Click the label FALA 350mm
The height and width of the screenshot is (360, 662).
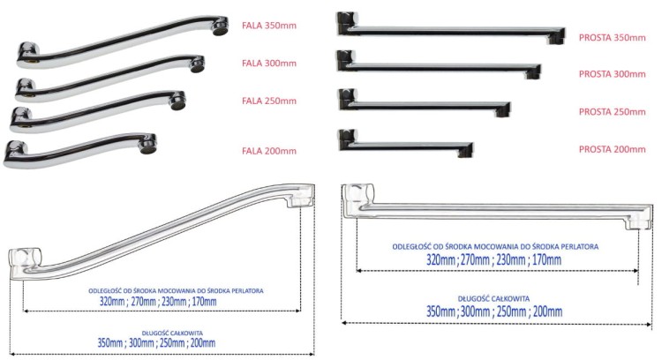(269, 26)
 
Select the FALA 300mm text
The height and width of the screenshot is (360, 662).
(269, 64)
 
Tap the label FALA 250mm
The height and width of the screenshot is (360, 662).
(269, 101)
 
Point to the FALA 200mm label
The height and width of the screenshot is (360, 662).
(269, 151)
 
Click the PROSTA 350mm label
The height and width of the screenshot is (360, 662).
(613, 38)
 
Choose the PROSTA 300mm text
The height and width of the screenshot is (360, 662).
(613, 74)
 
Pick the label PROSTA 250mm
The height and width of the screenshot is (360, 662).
(613, 112)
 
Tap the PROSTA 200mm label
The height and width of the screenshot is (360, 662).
(613, 149)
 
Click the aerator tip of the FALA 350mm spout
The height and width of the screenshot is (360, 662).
(220, 26)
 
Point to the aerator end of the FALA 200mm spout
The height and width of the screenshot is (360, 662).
(148, 145)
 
